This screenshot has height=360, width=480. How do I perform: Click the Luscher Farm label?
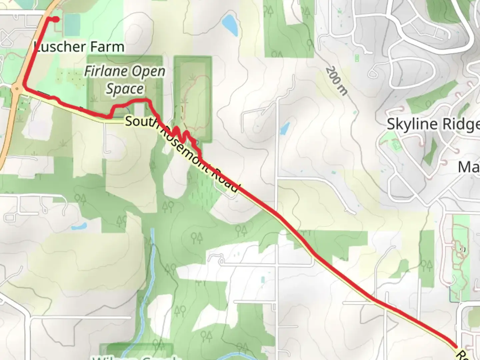(x=79, y=47)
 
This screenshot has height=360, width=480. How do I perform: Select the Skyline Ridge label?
(x=433, y=124)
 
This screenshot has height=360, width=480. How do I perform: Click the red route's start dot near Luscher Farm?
(x=56, y=19)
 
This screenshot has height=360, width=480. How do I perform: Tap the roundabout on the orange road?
(x=17, y=89)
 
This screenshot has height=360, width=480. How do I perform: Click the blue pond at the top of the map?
(x=230, y=25)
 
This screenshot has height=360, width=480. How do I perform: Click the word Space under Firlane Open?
(x=125, y=89)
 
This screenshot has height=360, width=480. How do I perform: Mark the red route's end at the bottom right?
(x=455, y=347)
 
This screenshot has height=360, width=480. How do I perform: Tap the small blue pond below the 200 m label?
(x=284, y=128)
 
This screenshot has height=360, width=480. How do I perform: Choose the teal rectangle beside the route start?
(x=72, y=24)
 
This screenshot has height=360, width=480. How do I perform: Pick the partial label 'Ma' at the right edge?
(x=469, y=167)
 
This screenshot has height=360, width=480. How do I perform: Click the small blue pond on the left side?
(x=79, y=227)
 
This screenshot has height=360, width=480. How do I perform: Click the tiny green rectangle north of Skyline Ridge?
(x=357, y=58)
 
